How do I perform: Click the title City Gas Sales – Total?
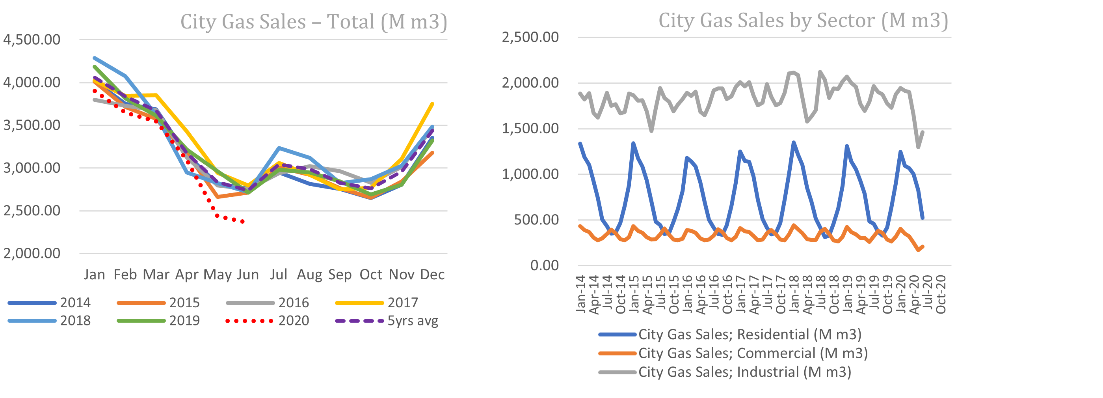313,21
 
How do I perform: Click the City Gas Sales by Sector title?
803,20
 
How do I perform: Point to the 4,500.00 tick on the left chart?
32,40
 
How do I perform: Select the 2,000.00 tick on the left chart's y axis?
32,253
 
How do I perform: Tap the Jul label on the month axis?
278,274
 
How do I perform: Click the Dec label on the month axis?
432,274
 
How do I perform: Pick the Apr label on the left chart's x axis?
187,274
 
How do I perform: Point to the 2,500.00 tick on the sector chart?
530,37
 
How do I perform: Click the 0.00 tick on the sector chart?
544,265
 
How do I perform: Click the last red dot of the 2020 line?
243,222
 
